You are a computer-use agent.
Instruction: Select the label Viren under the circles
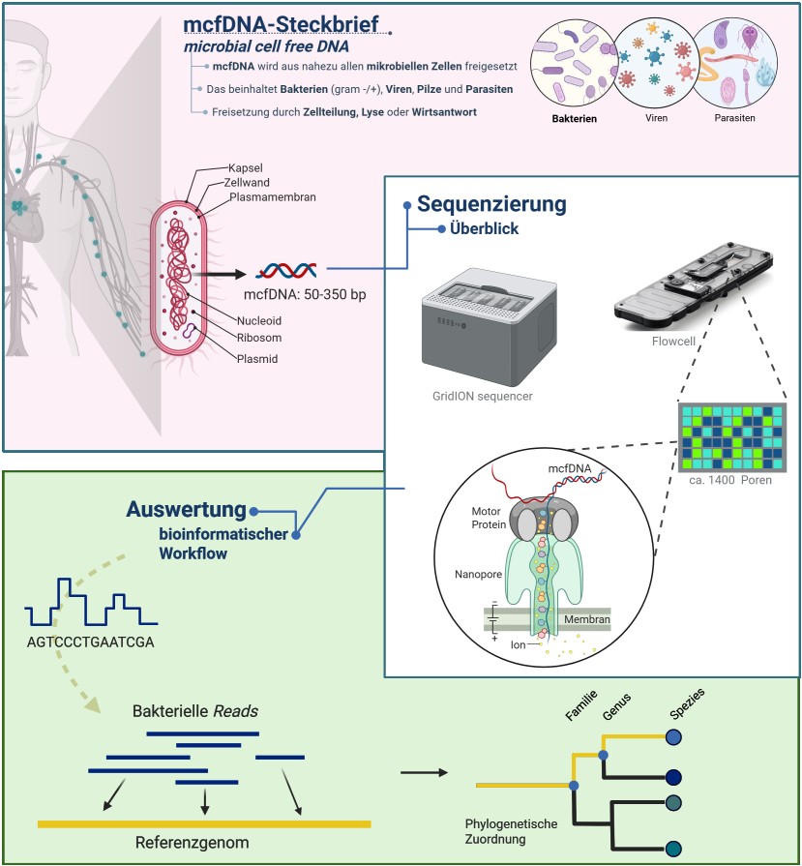coord(655,118)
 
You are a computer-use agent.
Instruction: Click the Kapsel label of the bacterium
coord(247,166)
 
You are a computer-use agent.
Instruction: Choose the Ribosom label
coord(258,338)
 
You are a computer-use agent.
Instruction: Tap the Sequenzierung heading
coord(491,204)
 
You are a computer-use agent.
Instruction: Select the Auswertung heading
coord(186,510)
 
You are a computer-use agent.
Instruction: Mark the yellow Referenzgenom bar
coord(204,823)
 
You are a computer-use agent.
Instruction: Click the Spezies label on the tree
coord(685,708)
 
